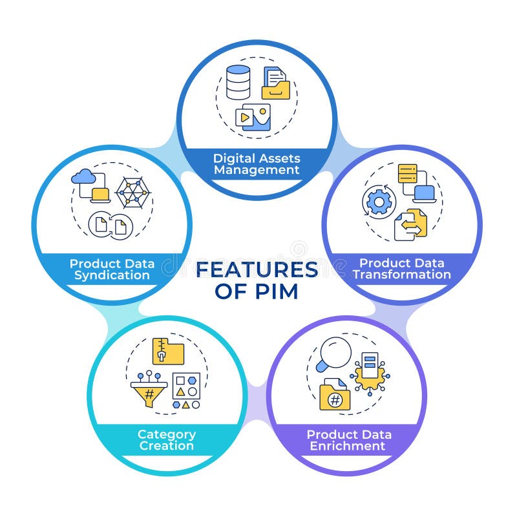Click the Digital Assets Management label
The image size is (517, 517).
257,164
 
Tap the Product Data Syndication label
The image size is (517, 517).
112,269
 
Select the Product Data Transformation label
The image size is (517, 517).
401,269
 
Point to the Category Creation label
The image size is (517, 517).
167,440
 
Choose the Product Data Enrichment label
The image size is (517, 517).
348,440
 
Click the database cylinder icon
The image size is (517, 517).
238,82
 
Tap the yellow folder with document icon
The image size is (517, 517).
275,83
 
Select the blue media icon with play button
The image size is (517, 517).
253,117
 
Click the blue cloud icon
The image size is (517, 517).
85,176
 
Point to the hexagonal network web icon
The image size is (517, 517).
132,193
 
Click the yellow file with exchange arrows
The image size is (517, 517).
412,224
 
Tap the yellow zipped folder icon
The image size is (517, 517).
168,351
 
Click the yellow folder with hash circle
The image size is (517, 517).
335,396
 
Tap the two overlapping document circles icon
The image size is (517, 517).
111,224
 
